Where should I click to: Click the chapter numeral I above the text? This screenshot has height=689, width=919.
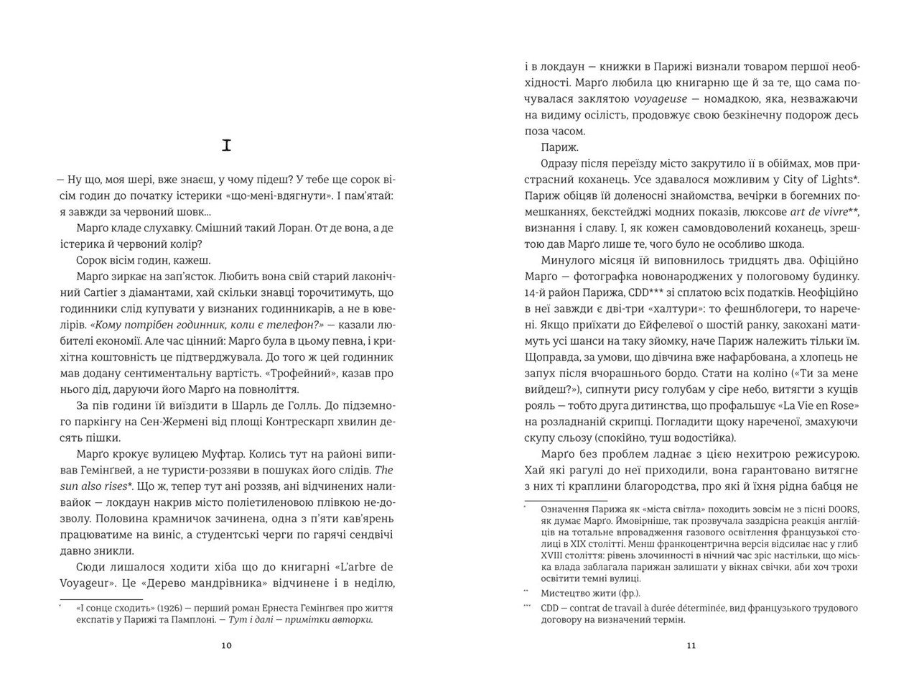click(x=227, y=147)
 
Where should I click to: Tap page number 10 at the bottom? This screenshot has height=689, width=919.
click(x=227, y=645)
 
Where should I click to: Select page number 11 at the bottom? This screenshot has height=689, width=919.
click(x=691, y=645)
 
